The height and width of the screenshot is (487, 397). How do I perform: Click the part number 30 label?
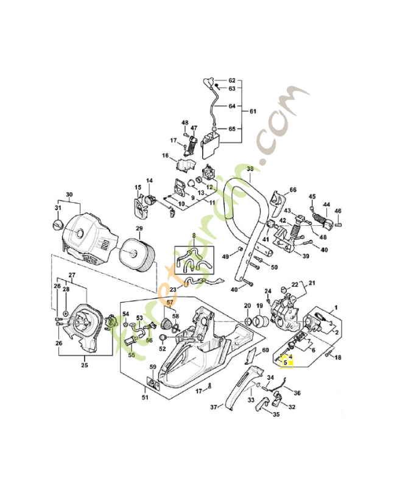69,195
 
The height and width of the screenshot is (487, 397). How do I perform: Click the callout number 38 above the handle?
249,169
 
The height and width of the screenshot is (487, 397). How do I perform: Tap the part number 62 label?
231,81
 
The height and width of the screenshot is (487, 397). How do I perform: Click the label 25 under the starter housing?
85,365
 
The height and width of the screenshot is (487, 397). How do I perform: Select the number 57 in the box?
170,302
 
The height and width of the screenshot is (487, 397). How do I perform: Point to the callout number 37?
214,407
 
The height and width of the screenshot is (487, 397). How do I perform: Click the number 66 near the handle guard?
293,190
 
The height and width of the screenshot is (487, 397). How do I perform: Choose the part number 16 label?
165,156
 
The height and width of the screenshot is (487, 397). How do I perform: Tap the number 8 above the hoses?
194,235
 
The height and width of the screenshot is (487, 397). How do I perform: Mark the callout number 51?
145,398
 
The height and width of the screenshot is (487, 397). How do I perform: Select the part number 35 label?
276,415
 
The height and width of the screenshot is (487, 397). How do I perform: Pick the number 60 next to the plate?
265,350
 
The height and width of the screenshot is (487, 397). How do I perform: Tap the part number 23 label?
173,289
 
